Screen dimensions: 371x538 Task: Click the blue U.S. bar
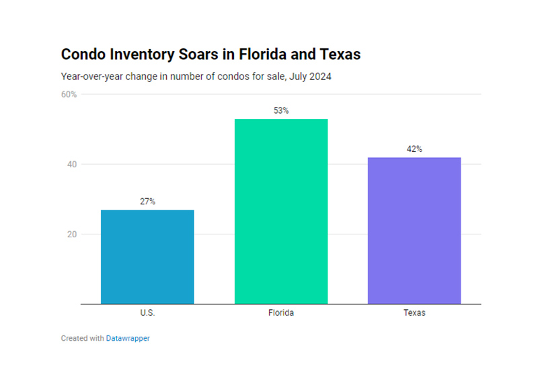pos(147,257)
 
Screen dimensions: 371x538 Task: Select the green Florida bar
pos(281,211)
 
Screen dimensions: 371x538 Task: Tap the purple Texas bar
pos(414,231)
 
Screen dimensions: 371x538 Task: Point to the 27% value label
pos(147,202)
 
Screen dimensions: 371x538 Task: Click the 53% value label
pos(281,111)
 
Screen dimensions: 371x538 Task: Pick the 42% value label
pos(414,149)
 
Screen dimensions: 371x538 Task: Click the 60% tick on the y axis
pos(69,95)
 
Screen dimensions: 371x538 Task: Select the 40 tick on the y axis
pos(72,165)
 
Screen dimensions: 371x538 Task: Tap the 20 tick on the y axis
pos(72,235)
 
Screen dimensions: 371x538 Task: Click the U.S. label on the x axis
pos(147,313)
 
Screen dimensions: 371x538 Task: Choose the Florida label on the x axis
pos(281,313)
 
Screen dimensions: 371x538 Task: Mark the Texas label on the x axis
pos(414,313)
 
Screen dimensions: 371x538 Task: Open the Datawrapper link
pos(128,339)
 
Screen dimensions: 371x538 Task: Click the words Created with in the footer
pos(82,339)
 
